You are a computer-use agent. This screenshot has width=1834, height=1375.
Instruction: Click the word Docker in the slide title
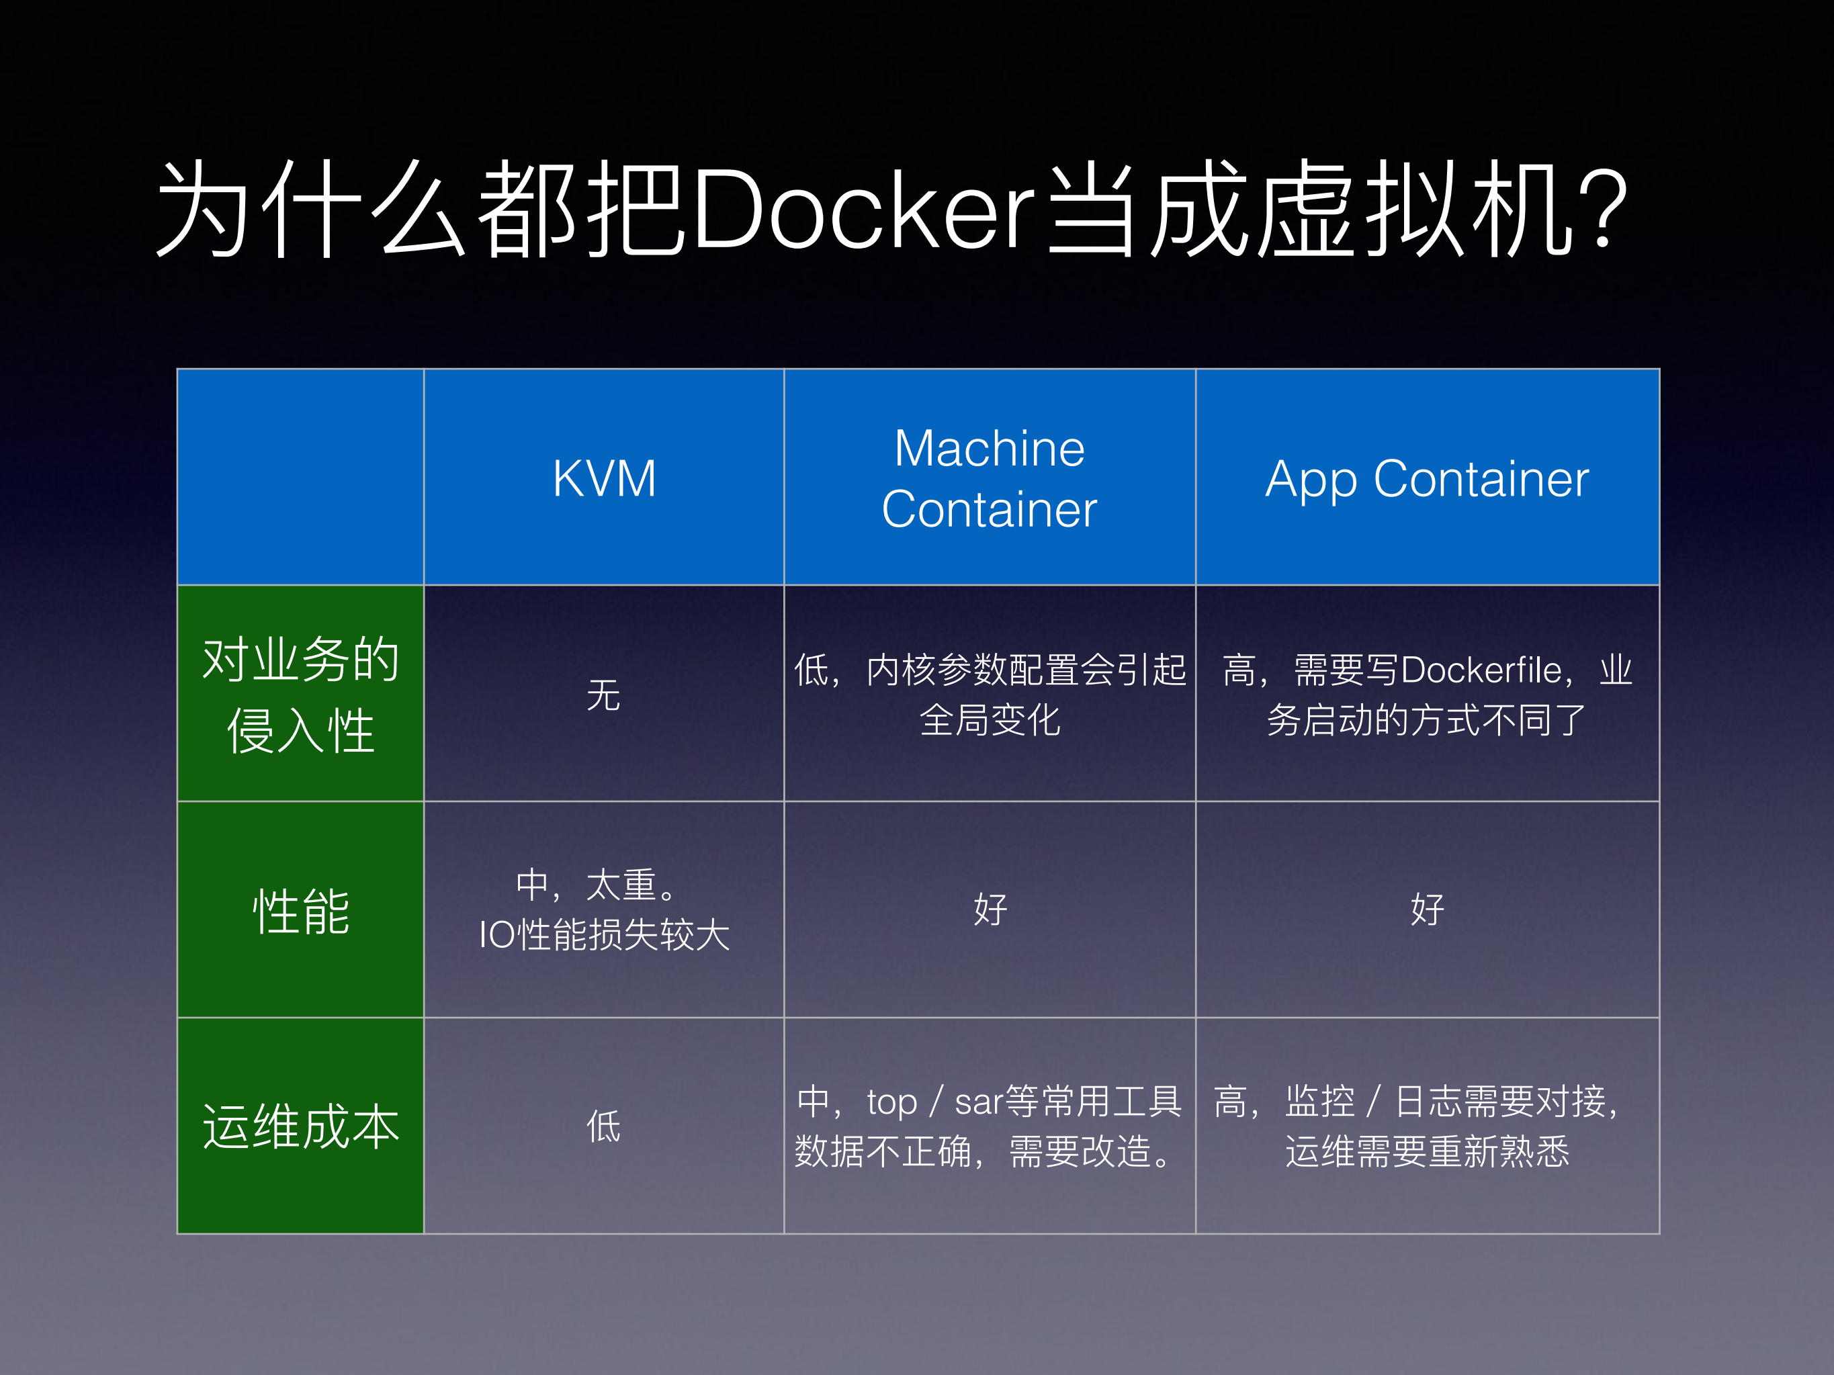pyautogui.click(x=863, y=209)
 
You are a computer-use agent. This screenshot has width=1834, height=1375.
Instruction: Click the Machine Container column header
pyautogui.click(x=989, y=478)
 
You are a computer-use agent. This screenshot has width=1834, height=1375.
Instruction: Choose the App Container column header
pyautogui.click(x=1427, y=478)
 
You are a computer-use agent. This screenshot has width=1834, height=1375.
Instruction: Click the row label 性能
pyautogui.click(x=300, y=911)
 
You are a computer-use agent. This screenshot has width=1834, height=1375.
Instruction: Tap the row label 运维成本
pyautogui.click(x=300, y=1126)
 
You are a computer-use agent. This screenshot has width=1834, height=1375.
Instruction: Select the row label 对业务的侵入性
pyautogui.click(x=300, y=695)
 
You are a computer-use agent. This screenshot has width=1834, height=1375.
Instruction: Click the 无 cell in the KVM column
pyautogui.click(x=603, y=695)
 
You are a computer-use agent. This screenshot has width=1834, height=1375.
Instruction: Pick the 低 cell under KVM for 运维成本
pyautogui.click(x=603, y=1126)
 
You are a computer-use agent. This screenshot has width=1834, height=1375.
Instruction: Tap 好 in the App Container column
pyautogui.click(x=1427, y=910)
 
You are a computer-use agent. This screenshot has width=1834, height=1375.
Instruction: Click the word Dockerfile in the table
pyautogui.click(x=1481, y=670)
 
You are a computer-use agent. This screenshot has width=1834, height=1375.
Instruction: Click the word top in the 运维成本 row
pyautogui.click(x=892, y=1102)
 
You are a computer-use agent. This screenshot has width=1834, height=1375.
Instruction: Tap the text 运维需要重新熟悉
pyautogui.click(x=1427, y=1151)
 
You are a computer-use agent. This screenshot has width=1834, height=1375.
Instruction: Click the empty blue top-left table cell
pyautogui.click(x=300, y=476)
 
